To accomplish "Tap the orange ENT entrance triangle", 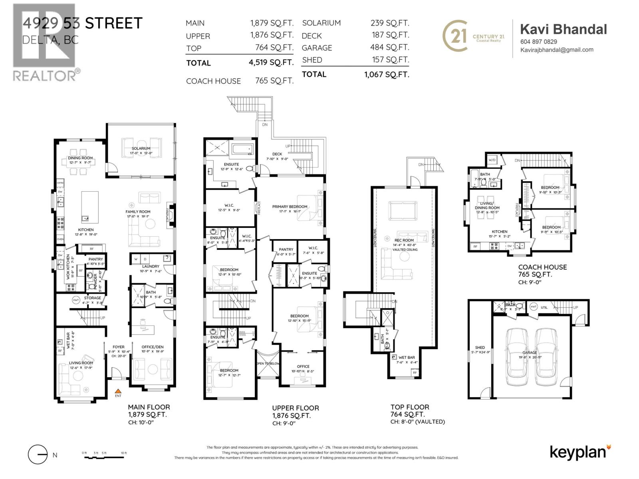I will [118, 392].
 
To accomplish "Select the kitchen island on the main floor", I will [90, 206].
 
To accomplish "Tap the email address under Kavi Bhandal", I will [556, 50].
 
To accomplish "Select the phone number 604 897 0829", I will [538, 42].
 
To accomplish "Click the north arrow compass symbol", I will [38, 455].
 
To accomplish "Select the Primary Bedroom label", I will [290, 207].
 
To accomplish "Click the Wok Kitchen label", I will [68, 266].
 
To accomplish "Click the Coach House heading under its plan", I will [542, 267].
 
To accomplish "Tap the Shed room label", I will [480, 348].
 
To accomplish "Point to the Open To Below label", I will [268, 364].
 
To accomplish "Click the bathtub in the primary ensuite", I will [242, 149].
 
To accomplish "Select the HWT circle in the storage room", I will [76, 300].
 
